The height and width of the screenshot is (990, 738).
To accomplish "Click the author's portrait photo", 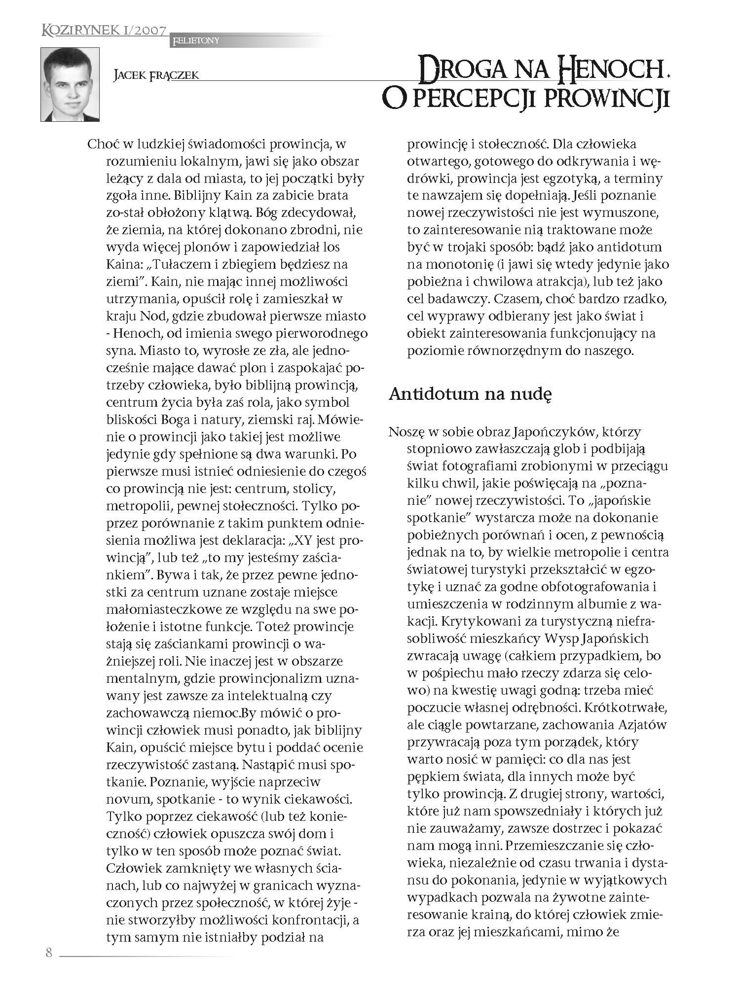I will [70, 84].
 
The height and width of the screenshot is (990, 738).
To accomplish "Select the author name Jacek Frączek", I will [156, 75].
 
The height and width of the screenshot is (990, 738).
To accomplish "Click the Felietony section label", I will [195, 41].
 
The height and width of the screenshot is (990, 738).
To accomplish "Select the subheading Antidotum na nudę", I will [470, 394].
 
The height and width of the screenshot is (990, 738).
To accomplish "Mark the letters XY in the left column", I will [302, 540].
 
